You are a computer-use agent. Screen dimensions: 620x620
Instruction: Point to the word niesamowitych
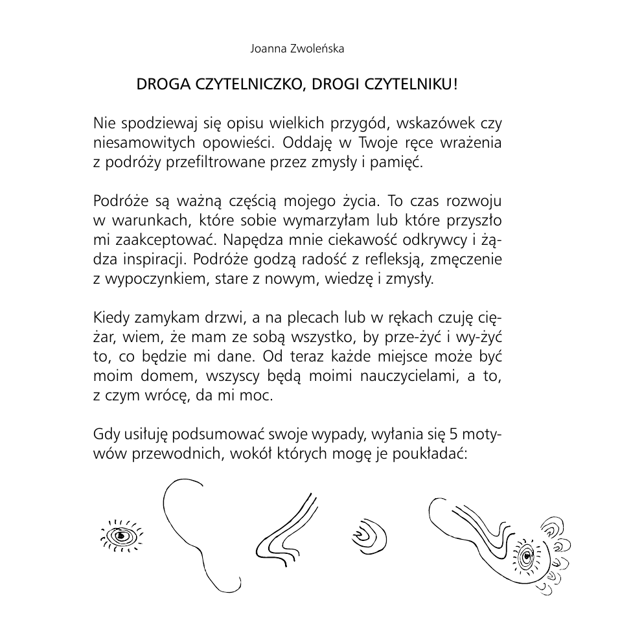[134, 143]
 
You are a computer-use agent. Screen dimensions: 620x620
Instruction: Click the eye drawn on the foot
[526, 555]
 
